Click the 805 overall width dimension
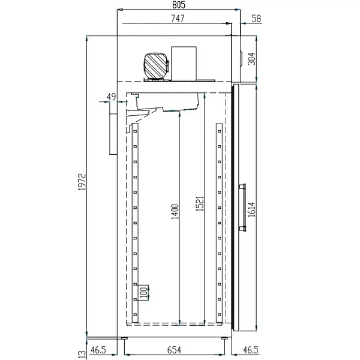click(x=178, y=5)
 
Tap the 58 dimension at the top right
click(x=257, y=19)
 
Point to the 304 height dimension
click(x=251, y=58)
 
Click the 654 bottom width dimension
click(x=175, y=349)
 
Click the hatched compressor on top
click(x=156, y=64)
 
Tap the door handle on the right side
click(x=244, y=207)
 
